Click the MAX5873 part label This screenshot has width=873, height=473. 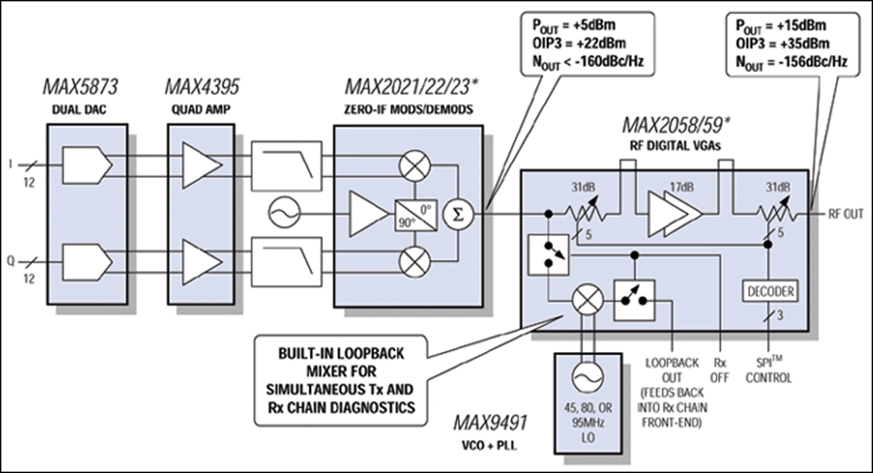pyautogui.click(x=80, y=87)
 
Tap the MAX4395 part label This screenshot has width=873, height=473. pyautogui.click(x=201, y=87)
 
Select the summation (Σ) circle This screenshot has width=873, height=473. pyautogui.click(x=458, y=215)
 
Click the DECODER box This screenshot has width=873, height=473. pyautogui.click(x=771, y=291)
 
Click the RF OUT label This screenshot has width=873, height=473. pyautogui.click(x=846, y=214)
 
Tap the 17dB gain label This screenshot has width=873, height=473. pyautogui.click(x=681, y=187)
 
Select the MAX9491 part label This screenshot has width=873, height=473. pyautogui.click(x=490, y=423)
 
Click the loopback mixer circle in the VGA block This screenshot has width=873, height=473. pyautogui.click(x=588, y=300)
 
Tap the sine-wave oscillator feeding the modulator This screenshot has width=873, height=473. pyautogui.click(x=284, y=213)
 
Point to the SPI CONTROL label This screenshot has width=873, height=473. pyautogui.click(x=768, y=370)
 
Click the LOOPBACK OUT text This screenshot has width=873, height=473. pyautogui.click(x=672, y=371)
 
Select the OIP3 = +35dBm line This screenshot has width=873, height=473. pyautogui.click(x=782, y=44)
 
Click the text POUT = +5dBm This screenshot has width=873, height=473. pyautogui.click(x=574, y=26)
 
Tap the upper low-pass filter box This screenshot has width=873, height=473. pyautogui.click(x=286, y=166)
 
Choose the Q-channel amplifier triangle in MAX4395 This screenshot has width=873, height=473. pyautogui.click(x=202, y=262)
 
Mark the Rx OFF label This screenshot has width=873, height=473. pyautogui.click(x=719, y=371)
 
